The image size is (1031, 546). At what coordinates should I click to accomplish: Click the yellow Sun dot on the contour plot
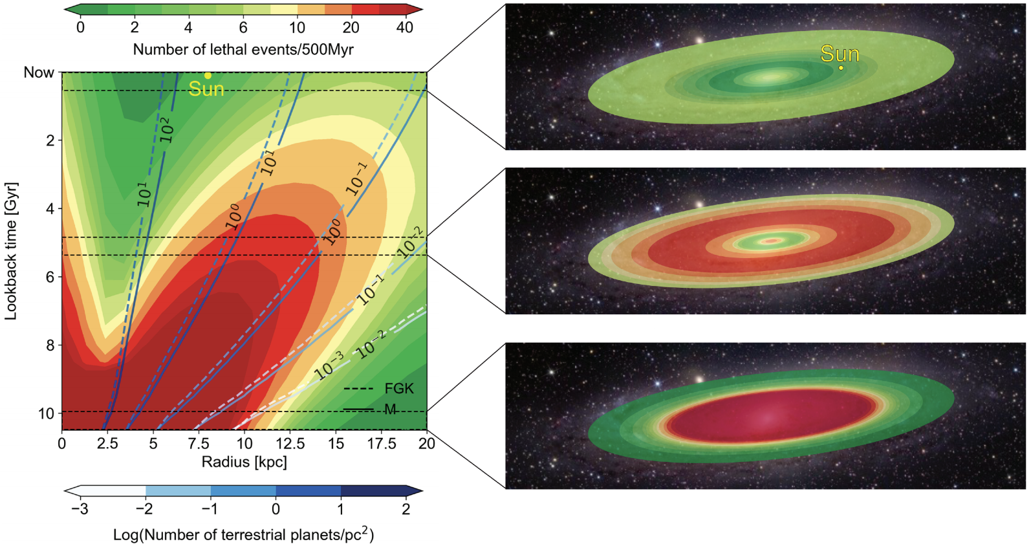208,76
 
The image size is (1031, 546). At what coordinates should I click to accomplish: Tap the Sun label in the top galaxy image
840,54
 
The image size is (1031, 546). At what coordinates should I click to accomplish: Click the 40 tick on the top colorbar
405,27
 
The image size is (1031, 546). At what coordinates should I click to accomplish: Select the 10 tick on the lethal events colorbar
297,27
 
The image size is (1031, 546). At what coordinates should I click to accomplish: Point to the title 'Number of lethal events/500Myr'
243,49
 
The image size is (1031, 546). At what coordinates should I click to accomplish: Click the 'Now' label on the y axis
39,72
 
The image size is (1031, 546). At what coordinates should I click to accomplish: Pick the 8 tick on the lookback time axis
50,345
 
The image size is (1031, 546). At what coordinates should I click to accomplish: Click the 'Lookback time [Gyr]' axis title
11,251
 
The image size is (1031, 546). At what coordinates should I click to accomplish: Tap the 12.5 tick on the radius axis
290,443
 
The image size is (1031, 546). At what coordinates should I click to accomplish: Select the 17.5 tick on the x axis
382,443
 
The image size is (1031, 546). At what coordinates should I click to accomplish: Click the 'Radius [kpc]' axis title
244,462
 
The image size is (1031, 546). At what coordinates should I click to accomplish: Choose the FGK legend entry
398,389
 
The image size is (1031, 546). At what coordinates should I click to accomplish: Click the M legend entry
390,409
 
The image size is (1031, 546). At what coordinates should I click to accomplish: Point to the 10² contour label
166,130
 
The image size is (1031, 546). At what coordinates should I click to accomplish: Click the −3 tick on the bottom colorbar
80,509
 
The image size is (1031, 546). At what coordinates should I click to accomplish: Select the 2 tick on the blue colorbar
406,509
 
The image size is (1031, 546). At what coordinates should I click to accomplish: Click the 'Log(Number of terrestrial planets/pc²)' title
243,534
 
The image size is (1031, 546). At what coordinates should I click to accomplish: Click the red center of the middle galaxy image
770,241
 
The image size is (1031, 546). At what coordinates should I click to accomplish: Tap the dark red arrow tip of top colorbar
418,10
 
